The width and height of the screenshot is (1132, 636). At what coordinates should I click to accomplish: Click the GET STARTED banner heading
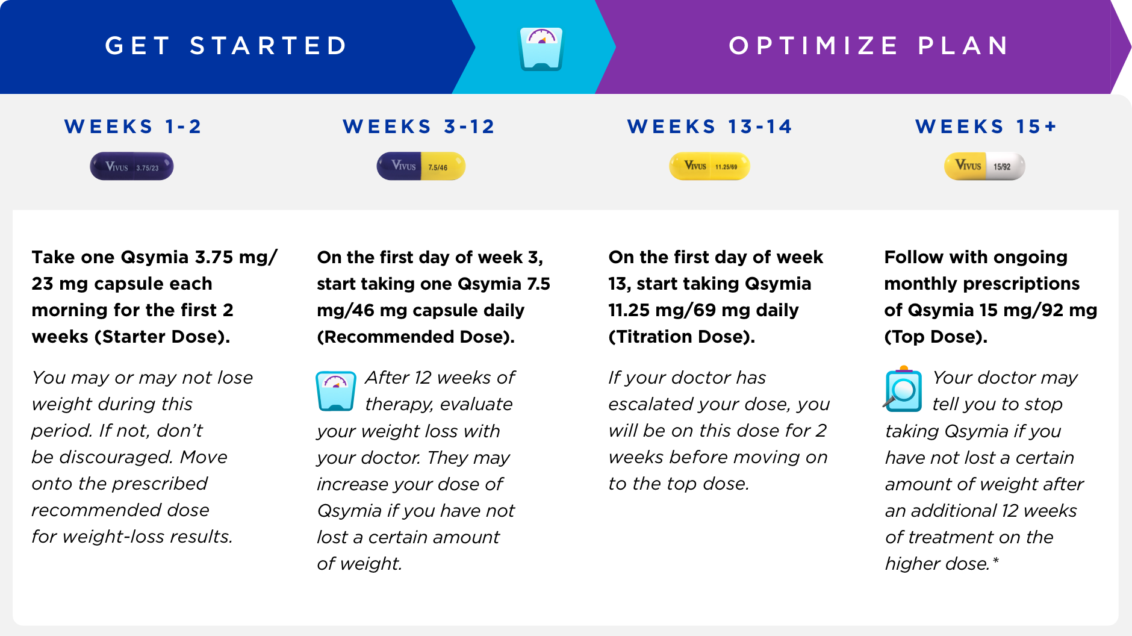point(226,46)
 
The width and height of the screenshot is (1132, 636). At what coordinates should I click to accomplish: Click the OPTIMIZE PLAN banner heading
point(869,46)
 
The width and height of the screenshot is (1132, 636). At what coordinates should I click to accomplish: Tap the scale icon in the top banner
point(541,49)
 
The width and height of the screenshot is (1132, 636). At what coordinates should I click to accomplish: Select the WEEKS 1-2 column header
point(133,126)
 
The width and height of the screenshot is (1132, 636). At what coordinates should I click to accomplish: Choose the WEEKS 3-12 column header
point(419,126)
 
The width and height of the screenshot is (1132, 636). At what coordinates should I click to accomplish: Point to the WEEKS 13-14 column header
point(710,126)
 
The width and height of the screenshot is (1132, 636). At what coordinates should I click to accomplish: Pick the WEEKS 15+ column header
point(986,126)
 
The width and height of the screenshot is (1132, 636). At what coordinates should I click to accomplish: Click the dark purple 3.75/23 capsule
point(132,167)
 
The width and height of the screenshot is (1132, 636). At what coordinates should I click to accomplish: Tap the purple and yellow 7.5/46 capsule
point(421,166)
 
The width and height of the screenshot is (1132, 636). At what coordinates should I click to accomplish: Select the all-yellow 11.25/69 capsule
point(709,166)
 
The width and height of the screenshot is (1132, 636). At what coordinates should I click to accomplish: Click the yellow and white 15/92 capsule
point(984,166)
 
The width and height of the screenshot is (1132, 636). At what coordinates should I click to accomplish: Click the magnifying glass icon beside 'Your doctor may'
point(903,390)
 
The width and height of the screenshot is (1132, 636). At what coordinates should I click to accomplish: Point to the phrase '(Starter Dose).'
point(162,337)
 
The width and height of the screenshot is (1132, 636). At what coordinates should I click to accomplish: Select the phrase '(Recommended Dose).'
point(415,337)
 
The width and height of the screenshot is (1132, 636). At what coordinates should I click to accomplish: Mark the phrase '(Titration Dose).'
point(682,337)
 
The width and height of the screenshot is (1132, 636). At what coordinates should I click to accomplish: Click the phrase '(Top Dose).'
point(936,337)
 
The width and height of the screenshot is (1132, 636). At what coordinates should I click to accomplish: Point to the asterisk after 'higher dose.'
point(996,561)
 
